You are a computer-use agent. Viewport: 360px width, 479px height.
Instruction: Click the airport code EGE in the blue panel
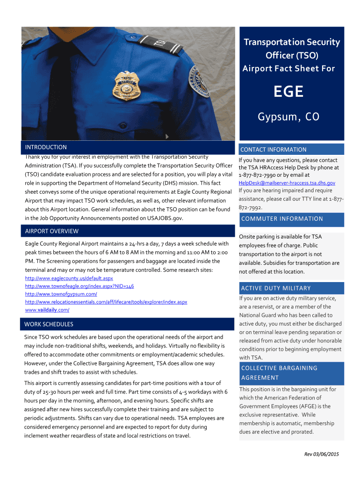pyautogui.click(x=288, y=91)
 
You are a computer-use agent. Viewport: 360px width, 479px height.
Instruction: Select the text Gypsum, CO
pyautogui.click(x=288, y=116)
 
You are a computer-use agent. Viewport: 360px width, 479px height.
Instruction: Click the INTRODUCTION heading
pyautogui.click(x=46, y=147)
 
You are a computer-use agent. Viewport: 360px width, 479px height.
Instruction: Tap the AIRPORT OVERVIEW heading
pyautogui.click(x=51, y=231)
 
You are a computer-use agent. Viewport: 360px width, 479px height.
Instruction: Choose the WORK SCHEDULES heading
pyautogui.click(x=49, y=324)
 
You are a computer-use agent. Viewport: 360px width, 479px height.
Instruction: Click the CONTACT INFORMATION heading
pyautogui.click(x=274, y=150)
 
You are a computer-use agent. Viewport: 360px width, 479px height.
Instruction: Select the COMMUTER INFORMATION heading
pyautogui.click(x=282, y=219)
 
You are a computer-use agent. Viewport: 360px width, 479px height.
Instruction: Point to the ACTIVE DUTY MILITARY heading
pyautogui.click(x=275, y=288)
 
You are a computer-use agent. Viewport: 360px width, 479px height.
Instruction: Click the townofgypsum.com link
pyautogui.click(x=61, y=294)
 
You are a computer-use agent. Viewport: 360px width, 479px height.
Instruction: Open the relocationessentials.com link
pyautogui.click(x=106, y=302)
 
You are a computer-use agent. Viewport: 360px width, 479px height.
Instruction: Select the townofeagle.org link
pyautogui.click(x=79, y=286)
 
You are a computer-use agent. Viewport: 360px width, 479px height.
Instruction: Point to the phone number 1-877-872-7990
pyautogui.click(x=256, y=175)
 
